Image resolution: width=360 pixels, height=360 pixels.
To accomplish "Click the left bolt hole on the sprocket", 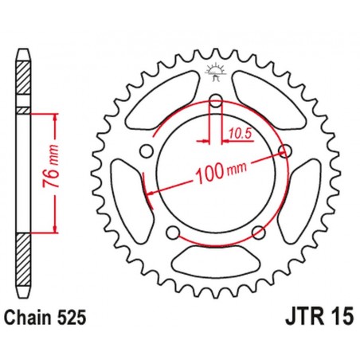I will tap(144, 151).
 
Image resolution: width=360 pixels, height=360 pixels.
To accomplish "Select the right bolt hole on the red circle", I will tap(284, 151).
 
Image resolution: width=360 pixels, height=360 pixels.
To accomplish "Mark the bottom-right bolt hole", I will tap(257, 233).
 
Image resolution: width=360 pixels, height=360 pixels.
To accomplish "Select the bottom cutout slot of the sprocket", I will tap(214, 259).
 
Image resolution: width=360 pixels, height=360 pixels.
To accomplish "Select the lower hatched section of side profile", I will tap(23, 255).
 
